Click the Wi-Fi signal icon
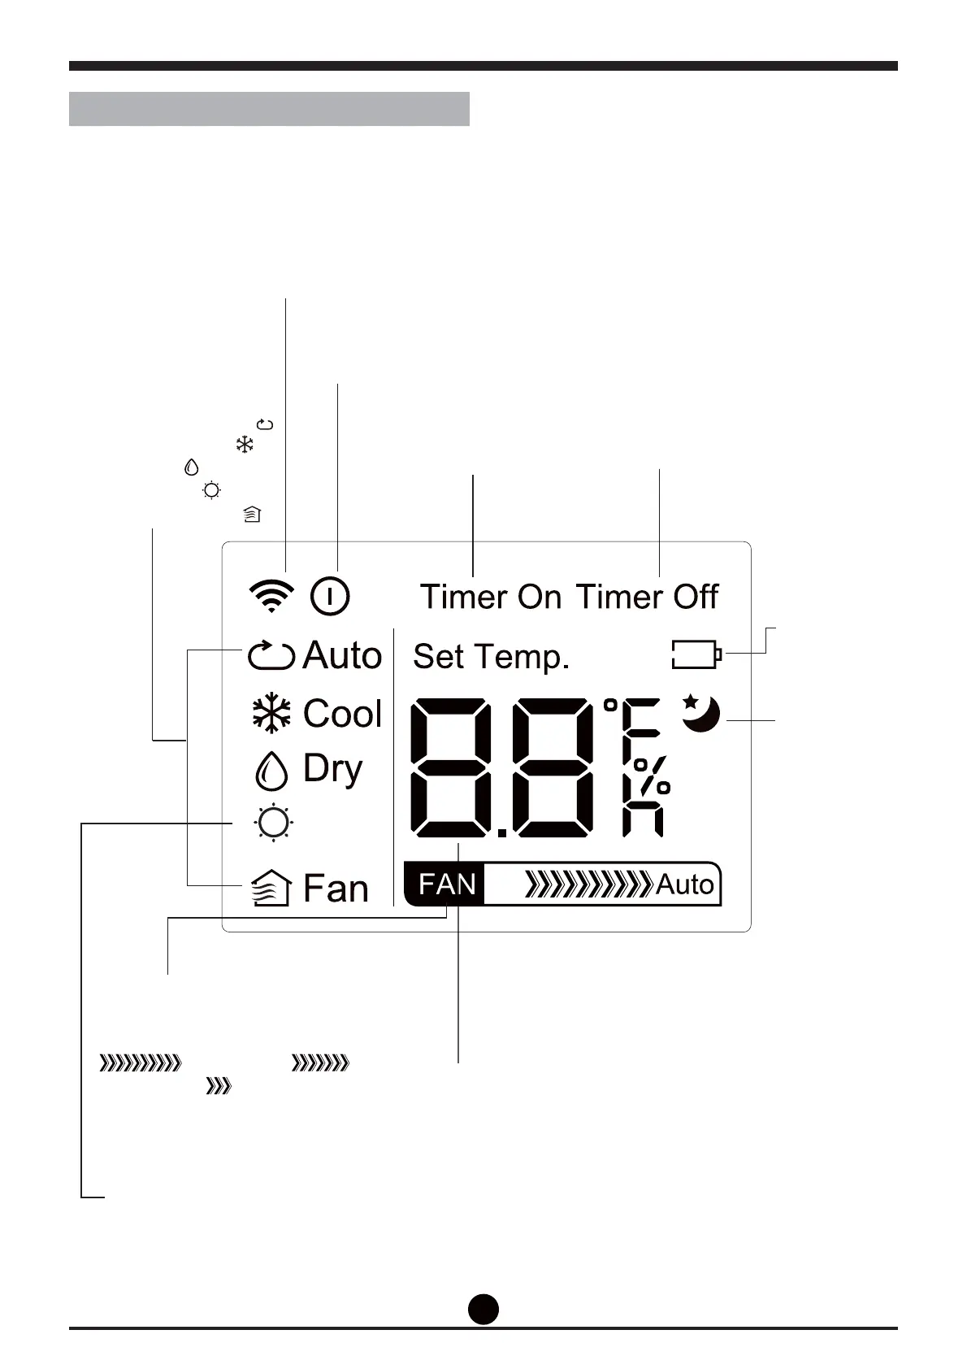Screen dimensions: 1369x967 pos(271,596)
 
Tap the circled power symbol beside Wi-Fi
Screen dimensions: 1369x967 pos(330,596)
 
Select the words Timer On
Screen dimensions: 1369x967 pos(490,597)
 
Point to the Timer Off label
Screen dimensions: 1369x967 pos(648,597)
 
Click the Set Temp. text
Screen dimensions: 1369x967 pos(491,656)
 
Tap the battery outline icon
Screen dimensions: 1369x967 pos(696,654)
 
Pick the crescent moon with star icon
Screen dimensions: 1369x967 pos(700,713)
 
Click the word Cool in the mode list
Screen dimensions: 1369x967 pos(342,714)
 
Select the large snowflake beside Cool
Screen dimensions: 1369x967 pos(271,714)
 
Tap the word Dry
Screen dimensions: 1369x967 pos(332,768)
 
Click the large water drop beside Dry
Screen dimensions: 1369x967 pos(271,770)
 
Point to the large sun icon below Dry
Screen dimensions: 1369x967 pos(273,823)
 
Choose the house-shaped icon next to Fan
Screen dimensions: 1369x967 pos(271,888)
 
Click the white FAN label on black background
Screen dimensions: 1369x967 pos(447,884)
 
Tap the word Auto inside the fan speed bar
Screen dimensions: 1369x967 pos(684,884)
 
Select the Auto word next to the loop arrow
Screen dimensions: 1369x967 pos(342,655)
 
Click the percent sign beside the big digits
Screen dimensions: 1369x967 pos(651,776)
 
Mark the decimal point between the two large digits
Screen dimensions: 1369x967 pos(501,832)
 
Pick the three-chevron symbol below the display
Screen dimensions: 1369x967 pos(219,1086)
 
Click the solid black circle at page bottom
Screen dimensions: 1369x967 pos(483,1308)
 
